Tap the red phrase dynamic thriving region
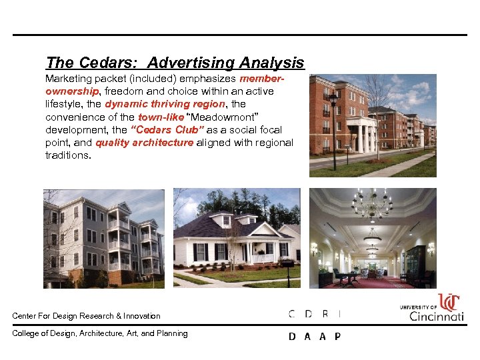(x=166, y=104)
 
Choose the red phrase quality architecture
(x=144, y=143)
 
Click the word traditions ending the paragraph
(x=67, y=155)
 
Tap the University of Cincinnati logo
(x=431, y=308)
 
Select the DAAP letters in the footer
(x=315, y=337)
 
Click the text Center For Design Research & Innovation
(x=86, y=316)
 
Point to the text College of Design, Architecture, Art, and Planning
(x=100, y=333)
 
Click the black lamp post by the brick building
(x=333, y=127)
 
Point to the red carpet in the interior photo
(x=373, y=283)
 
